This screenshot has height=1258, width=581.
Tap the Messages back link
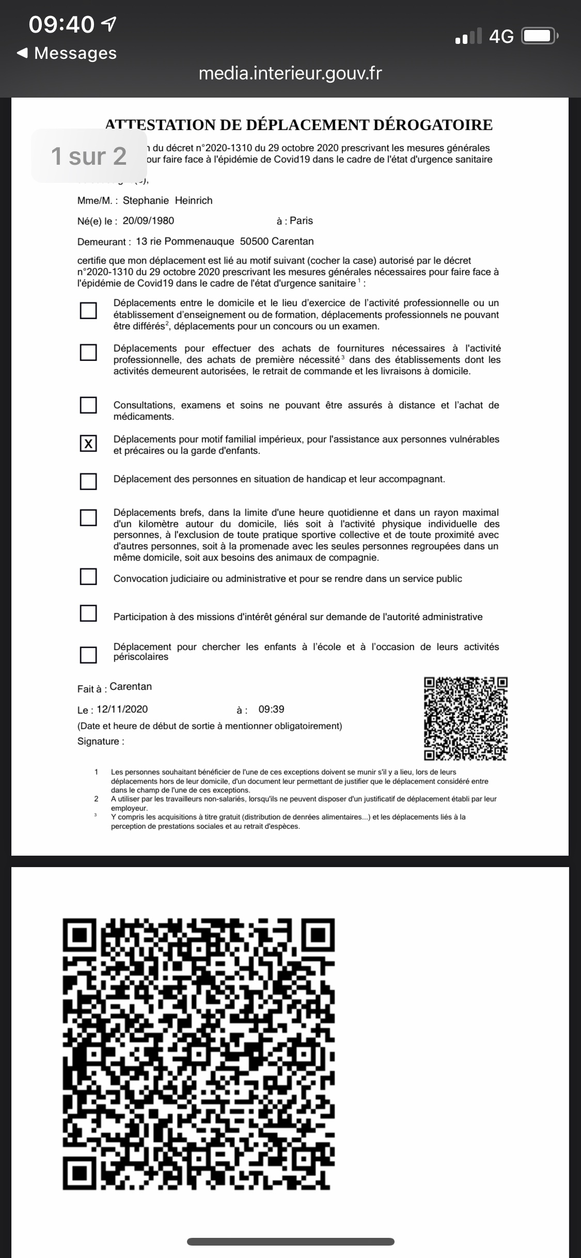67,53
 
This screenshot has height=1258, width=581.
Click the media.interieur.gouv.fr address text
290,73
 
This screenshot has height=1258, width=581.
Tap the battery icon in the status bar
540,36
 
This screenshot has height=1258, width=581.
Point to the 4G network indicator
501,36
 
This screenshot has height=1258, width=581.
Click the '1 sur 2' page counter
89,156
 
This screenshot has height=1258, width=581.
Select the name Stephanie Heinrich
167,200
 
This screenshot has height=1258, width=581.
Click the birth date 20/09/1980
148,221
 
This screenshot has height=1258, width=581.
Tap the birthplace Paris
301,221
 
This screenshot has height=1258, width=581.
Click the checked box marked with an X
88,444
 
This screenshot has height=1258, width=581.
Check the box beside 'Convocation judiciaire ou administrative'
88,576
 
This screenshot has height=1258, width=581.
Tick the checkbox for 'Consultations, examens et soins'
88,405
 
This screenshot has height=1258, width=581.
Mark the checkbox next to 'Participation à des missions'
88,613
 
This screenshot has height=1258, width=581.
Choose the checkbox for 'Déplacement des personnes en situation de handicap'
88,481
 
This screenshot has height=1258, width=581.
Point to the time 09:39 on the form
271,709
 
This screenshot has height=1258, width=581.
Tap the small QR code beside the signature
466,719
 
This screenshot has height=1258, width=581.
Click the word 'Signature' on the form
98,741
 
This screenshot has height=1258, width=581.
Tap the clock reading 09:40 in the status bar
62,24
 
